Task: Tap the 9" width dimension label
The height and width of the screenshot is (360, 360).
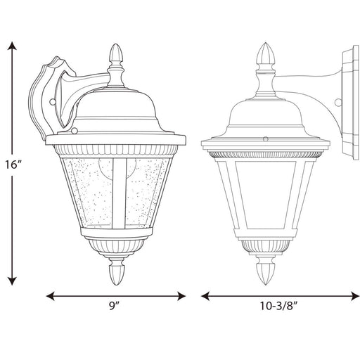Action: pos(115,306)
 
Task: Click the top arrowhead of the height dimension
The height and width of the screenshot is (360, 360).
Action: pos(12,46)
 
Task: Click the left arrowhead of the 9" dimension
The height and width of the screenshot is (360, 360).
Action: pos(51,296)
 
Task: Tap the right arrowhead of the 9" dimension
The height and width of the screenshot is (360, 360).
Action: pos(181,296)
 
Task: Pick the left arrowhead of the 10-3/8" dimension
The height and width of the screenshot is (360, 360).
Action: pos(205,296)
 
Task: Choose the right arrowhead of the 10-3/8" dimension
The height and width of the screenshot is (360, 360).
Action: pos(354,296)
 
